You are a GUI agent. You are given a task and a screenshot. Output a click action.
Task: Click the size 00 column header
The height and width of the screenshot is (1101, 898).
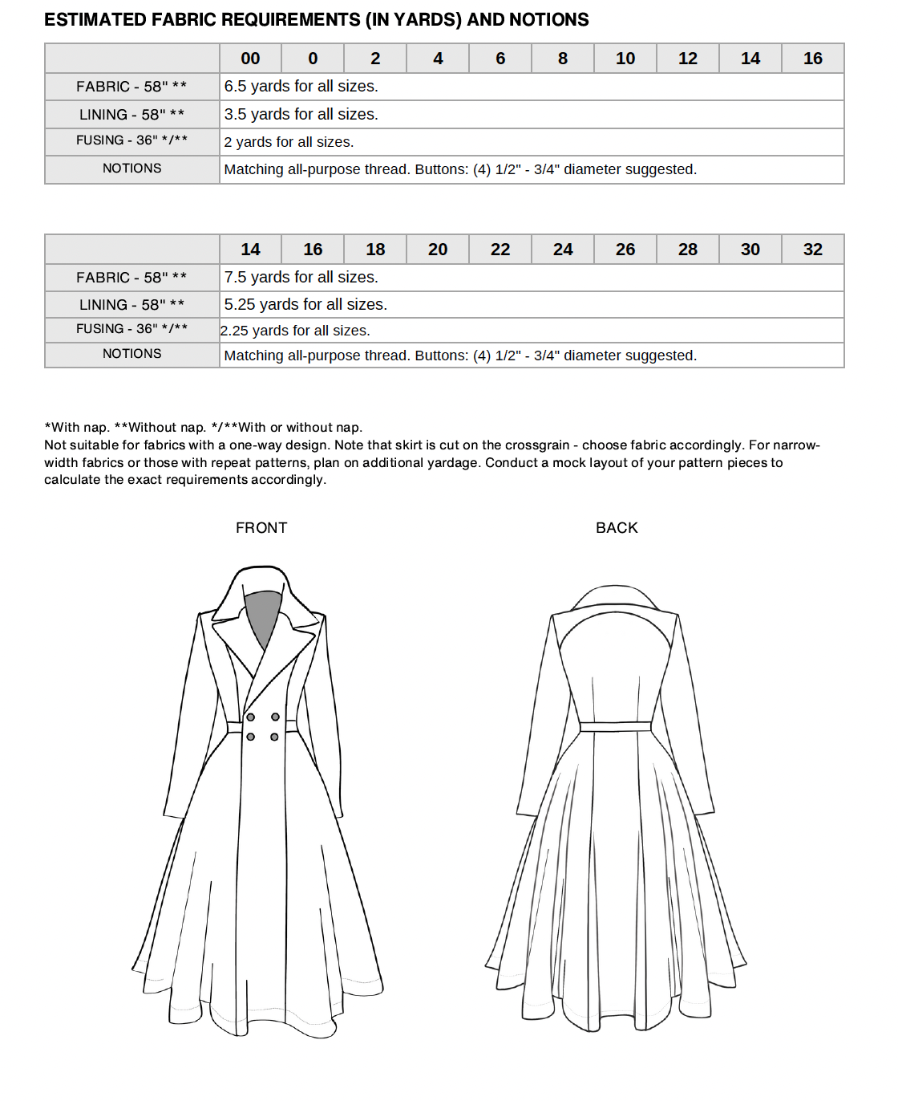(x=250, y=59)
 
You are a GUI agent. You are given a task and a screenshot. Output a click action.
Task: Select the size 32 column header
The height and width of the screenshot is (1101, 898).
(x=812, y=250)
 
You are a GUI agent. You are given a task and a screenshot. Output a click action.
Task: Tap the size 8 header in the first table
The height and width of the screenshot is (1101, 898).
(x=563, y=59)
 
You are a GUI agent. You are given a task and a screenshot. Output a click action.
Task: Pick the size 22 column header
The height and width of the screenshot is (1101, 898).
(x=500, y=250)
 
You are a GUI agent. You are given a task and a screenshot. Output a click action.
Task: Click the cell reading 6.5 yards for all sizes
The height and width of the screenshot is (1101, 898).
(x=301, y=87)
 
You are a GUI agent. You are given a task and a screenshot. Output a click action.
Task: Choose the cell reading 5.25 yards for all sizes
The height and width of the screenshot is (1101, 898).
(x=305, y=305)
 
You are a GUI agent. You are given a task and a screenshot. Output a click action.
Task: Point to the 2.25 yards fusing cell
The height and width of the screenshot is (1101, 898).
(x=295, y=331)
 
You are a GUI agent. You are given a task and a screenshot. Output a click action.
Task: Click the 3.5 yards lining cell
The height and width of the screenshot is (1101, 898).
(x=301, y=115)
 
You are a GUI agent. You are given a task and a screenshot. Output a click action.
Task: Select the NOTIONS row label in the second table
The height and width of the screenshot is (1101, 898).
(x=131, y=354)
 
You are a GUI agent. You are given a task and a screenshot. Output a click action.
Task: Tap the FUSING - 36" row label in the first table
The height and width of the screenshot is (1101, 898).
(x=131, y=140)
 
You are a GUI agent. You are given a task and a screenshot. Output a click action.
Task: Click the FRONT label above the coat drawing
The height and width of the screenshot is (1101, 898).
(x=261, y=528)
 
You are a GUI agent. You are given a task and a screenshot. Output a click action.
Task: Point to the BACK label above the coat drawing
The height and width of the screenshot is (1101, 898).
(x=617, y=528)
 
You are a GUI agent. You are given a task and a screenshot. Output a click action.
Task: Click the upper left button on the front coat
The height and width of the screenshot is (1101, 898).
(x=251, y=717)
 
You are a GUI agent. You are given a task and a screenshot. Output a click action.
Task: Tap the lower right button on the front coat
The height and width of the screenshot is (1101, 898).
(x=274, y=737)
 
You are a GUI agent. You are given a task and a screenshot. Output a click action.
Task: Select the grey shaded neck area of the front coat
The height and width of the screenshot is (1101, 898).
(x=262, y=614)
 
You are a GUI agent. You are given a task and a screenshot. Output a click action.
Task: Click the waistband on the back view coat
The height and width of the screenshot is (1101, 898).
(x=616, y=726)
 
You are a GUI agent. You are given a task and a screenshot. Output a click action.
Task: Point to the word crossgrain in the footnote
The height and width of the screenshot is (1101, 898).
(x=525, y=445)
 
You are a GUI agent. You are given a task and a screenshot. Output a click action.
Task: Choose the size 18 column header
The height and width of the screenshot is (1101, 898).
(x=375, y=250)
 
